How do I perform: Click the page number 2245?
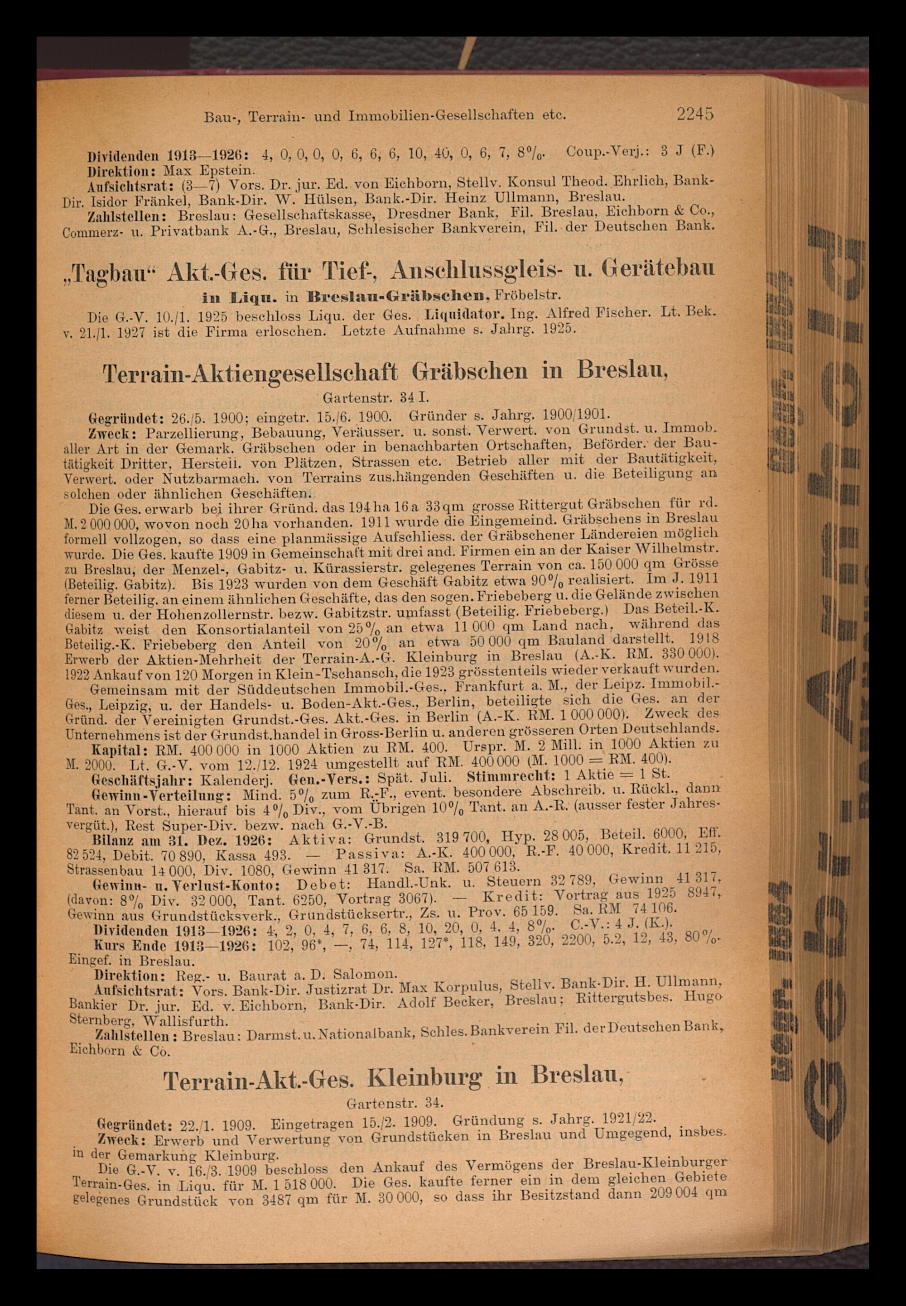click(x=694, y=114)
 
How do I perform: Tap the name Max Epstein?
click(x=209, y=170)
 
